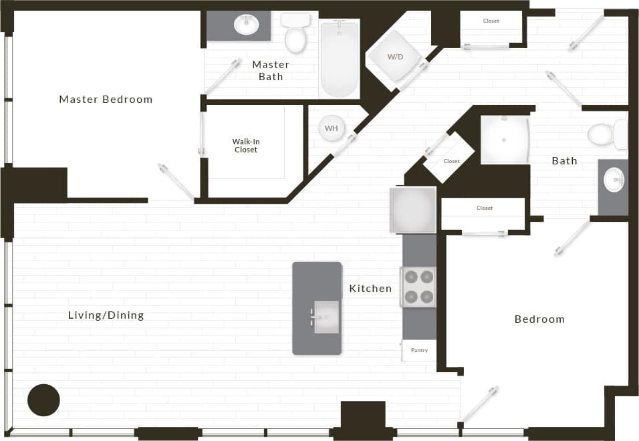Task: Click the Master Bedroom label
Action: click(x=106, y=100)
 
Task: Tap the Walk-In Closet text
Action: click(x=245, y=146)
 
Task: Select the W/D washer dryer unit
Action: click(x=395, y=57)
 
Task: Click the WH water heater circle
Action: click(x=331, y=128)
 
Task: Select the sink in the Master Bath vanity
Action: click(x=246, y=25)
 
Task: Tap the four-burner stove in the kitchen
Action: click(x=418, y=287)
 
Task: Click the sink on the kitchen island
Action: click(x=327, y=317)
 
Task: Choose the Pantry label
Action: click(x=419, y=350)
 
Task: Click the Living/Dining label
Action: click(x=106, y=315)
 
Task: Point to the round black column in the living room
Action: click(x=43, y=400)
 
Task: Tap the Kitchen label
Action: click(x=370, y=289)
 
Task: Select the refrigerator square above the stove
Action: click(x=413, y=210)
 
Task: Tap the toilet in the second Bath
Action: click(x=604, y=135)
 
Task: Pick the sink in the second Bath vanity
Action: click(x=613, y=180)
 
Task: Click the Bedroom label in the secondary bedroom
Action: click(x=539, y=319)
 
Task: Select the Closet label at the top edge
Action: click(x=491, y=21)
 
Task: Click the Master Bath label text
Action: click(x=271, y=70)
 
